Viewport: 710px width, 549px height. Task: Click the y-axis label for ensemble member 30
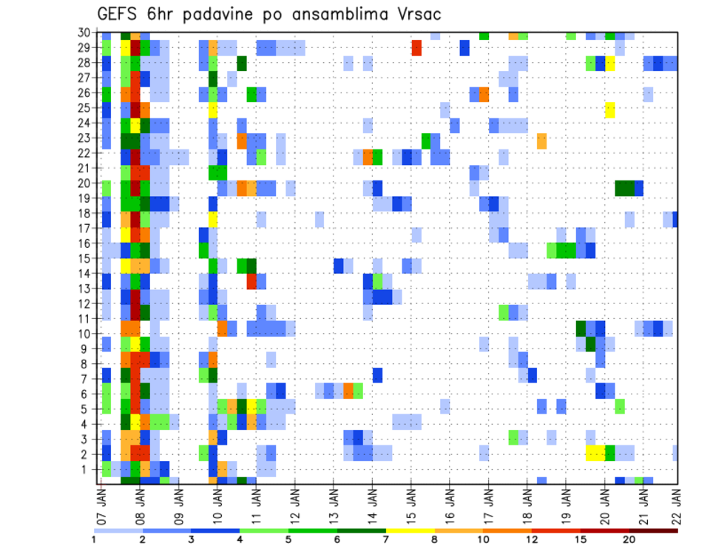point(85,33)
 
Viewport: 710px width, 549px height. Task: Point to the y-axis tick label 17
point(85,229)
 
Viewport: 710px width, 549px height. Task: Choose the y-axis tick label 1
point(87,469)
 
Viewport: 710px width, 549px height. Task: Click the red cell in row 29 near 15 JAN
point(416,47)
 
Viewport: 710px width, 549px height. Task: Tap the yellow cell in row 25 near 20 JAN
point(609,109)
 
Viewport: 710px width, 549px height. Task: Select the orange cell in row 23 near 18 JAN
point(542,140)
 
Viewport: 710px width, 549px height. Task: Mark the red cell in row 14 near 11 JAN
point(251,280)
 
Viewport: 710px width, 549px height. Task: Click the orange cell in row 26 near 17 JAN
point(484,94)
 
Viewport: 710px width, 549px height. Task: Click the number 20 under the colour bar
point(629,539)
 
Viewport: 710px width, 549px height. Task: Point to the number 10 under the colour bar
point(484,539)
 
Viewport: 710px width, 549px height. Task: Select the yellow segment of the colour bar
point(410,530)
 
